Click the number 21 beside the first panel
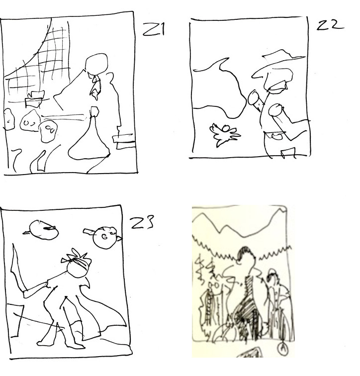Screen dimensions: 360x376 154,29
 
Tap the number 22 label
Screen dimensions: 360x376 330,25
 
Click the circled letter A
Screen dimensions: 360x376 283,348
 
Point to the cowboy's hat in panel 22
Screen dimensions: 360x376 278,62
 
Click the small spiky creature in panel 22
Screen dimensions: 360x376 225,134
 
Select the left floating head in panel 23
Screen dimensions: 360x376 44,230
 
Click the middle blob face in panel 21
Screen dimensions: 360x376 30,121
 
